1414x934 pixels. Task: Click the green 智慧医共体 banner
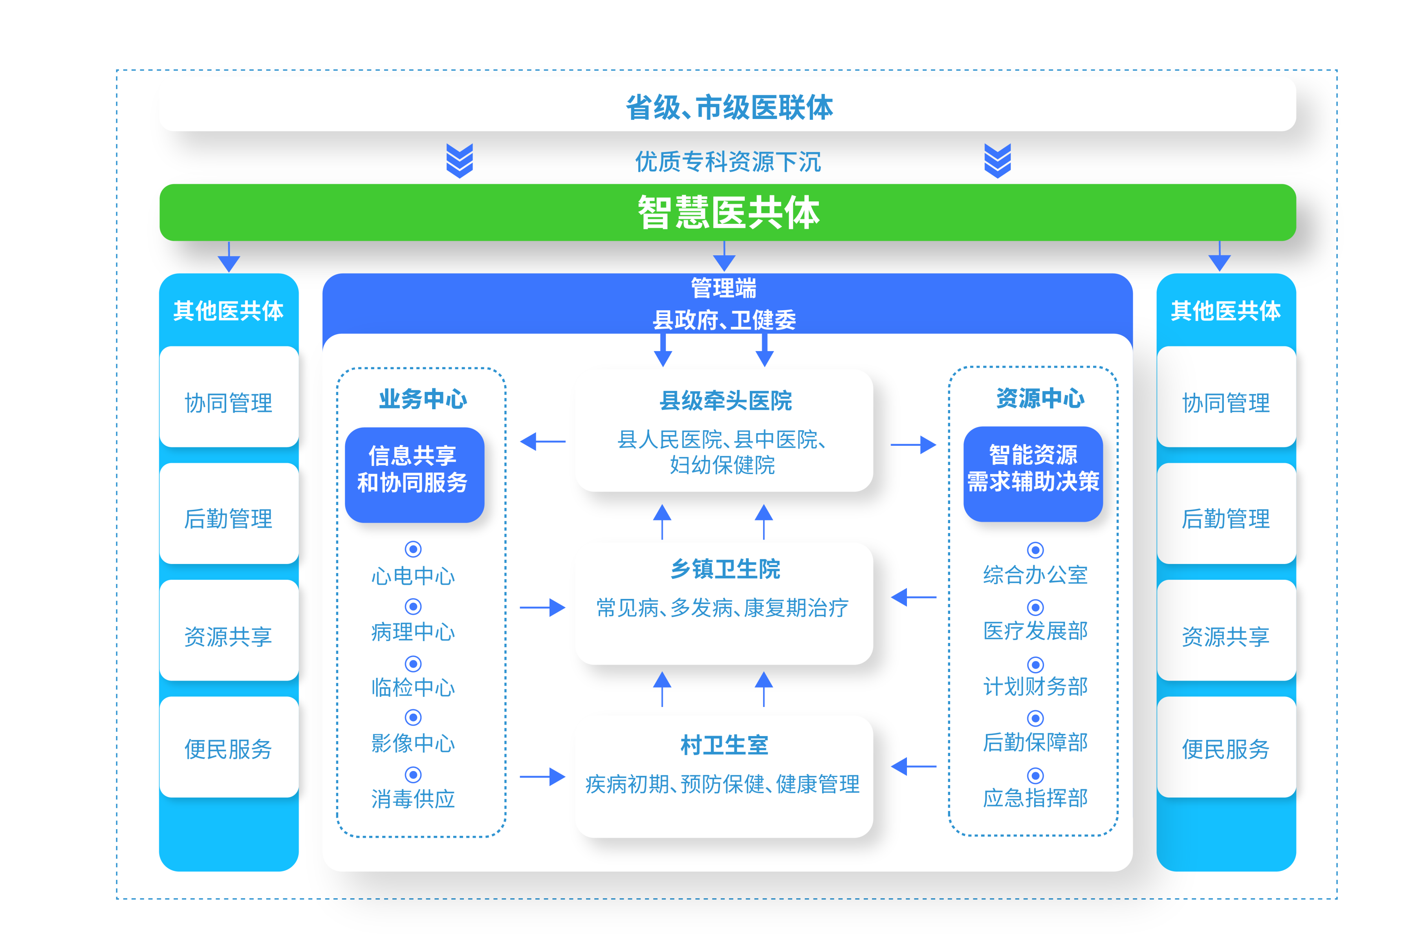(x=727, y=212)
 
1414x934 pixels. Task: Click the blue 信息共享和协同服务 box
(x=414, y=475)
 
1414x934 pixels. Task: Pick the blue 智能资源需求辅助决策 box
(x=1033, y=474)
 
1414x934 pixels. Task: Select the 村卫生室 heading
(x=725, y=745)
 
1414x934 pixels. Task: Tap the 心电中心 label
(x=413, y=577)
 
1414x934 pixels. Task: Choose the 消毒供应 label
(x=413, y=799)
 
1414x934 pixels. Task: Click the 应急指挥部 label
(x=1035, y=798)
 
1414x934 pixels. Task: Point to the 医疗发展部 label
(x=1035, y=631)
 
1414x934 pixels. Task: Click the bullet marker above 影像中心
(x=413, y=718)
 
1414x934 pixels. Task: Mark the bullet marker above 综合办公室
(x=1035, y=550)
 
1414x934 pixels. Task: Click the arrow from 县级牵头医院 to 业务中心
(x=542, y=442)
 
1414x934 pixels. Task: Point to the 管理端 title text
(x=723, y=288)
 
